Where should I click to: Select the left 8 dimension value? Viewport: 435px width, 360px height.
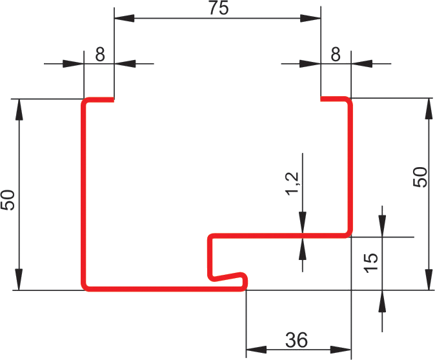pyautogui.click(x=99, y=54)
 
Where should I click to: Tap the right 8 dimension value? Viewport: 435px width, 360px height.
pyautogui.click(x=335, y=54)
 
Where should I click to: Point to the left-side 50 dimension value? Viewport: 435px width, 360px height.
pyautogui.click(x=8, y=200)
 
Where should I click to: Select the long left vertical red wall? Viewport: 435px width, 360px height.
pyautogui.click(x=84, y=194)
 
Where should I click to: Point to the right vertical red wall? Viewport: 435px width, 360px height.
pyautogui.click(x=351, y=168)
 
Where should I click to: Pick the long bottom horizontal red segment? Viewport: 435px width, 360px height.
pyautogui.click(x=161, y=287)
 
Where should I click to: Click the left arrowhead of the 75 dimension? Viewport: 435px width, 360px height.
pyautogui.click(x=123, y=19)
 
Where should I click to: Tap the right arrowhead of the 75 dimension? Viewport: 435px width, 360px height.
pyautogui.click(x=312, y=19)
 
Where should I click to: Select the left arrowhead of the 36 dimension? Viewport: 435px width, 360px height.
pyautogui.click(x=256, y=350)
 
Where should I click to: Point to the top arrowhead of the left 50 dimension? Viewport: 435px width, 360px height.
pyautogui.click(x=20, y=109)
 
